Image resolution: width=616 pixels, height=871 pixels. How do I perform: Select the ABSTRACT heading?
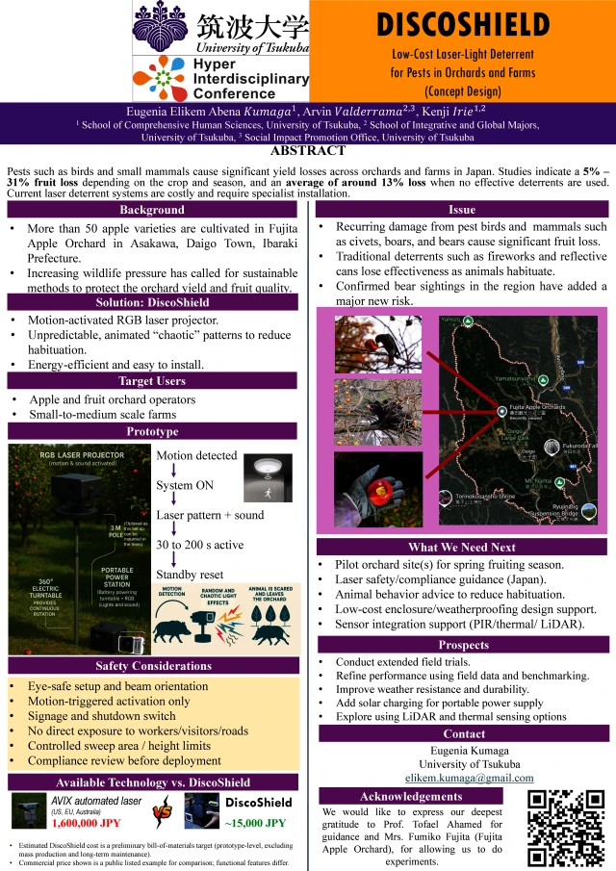(x=308, y=150)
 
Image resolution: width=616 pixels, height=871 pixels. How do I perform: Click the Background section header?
(x=151, y=211)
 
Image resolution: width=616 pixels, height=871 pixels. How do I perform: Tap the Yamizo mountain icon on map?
(x=468, y=320)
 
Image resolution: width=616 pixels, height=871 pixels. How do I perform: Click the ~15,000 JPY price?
(x=256, y=823)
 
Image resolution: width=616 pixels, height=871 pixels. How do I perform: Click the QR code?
(x=565, y=828)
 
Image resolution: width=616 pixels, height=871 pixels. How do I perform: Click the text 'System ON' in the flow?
(x=185, y=485)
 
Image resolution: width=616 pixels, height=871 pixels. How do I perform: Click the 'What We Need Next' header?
(x=462, y=547)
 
